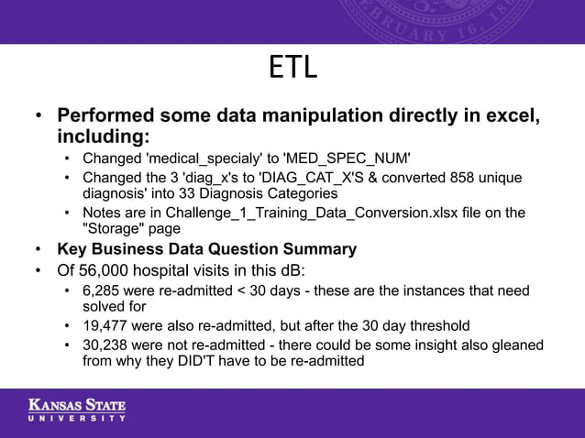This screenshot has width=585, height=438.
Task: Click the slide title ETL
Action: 292,68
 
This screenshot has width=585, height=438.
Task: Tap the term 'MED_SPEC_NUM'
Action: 349,159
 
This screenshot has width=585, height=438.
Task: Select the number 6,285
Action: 103,290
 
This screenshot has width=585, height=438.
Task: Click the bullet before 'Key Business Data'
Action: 38,249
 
